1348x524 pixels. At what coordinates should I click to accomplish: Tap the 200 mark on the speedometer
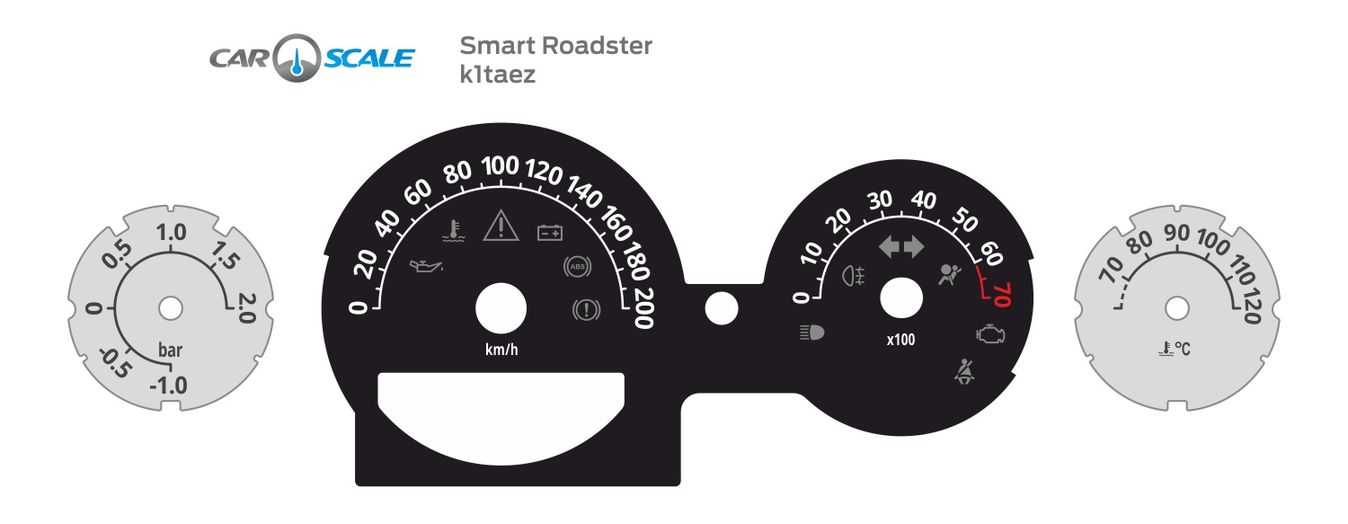point(642,312)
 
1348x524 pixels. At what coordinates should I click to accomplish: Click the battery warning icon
point(550,234)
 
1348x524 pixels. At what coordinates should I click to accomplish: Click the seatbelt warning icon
point(965,371)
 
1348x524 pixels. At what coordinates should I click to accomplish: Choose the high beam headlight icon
point(811,333)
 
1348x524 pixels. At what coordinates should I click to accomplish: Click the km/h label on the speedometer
point(501,350)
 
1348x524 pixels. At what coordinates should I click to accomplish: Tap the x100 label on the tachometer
point(900,340)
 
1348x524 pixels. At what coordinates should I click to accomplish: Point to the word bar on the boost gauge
point(171,351)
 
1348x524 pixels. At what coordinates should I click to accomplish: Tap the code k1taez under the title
point(497,75)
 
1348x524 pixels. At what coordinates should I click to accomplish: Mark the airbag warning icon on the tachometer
point(949,272)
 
